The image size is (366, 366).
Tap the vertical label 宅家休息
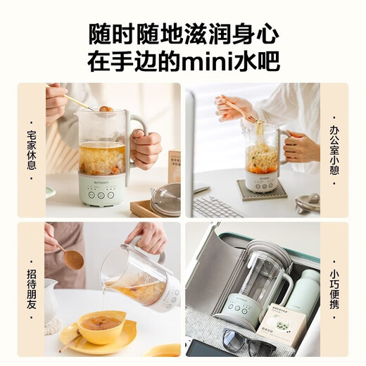[32, 150]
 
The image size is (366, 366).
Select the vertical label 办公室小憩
[334, 150]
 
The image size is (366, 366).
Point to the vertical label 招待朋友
[32, 289]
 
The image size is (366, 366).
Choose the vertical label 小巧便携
[334, 289]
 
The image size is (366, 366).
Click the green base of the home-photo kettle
[102, 191]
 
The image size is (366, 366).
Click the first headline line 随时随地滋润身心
[182, 34]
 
